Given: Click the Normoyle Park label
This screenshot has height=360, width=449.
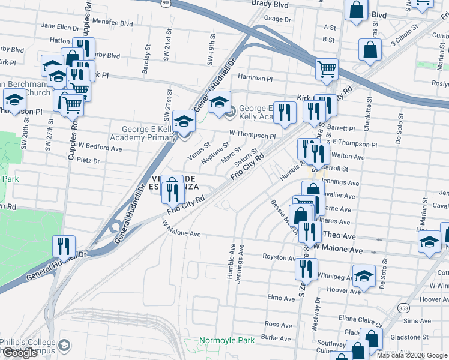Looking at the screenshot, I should (227, 340).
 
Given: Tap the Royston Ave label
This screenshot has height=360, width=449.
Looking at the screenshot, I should (279, 257).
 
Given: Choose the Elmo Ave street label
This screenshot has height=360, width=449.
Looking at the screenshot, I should (282, 298).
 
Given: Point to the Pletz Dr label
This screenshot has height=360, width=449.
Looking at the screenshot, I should (88, 161).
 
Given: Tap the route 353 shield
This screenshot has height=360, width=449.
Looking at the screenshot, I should (402, 308).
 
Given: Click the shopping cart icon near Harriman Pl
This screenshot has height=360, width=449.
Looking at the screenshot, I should (327, 69).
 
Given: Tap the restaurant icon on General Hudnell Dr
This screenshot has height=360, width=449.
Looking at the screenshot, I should (63, 245).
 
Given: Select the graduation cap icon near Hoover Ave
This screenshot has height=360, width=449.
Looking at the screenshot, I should (363, 275).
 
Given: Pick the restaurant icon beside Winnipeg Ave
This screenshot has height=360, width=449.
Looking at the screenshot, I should (305, 269).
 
